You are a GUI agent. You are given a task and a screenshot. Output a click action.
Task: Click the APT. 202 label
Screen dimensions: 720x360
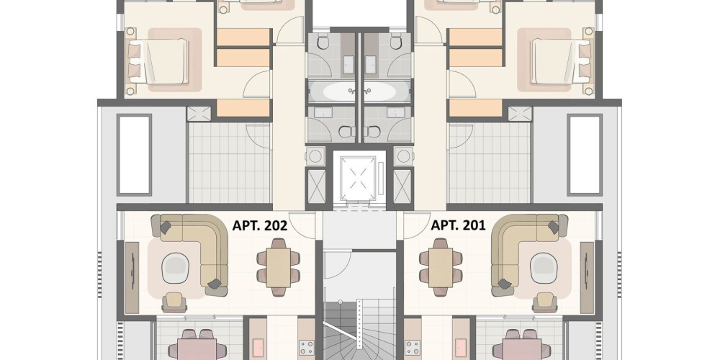click(260, 225)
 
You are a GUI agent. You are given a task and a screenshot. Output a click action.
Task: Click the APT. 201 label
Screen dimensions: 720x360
click(458, 225)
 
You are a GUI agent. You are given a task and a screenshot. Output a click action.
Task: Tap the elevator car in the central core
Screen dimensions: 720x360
click(358, 178)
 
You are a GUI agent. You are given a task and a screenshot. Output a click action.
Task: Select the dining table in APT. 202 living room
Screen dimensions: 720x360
click(278, 268)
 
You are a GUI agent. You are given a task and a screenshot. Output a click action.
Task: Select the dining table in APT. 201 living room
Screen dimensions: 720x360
click(441, 268)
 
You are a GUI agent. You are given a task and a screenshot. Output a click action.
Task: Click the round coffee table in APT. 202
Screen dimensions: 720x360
click(176, 268)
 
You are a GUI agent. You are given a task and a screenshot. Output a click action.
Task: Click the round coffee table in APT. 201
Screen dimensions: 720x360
click(544, 268)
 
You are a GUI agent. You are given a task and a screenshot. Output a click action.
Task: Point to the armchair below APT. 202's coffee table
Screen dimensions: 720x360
click(174, 302)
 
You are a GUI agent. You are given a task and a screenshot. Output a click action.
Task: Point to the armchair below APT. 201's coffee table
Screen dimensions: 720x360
click(545, 302)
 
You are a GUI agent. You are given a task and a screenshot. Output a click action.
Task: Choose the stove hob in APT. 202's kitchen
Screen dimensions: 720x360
click(306, 348)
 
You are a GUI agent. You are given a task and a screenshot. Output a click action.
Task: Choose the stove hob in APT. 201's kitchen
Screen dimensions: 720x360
click(413, 348)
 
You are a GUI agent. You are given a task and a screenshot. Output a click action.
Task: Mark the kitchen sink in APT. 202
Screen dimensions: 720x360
click(258, 348)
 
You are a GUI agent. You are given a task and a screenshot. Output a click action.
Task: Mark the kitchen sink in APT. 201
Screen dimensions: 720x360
click(461, 348)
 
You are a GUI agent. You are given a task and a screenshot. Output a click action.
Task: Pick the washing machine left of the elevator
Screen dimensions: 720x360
click(315, 156)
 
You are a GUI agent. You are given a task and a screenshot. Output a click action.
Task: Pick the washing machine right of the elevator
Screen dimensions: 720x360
click(404, 156)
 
